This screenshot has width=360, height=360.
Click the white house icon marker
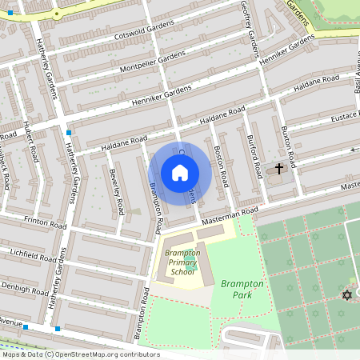pos(180,173)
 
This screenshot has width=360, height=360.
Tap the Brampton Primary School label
pos(181,262)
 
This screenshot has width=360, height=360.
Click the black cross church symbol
pos(279,169)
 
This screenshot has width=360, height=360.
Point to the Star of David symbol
pos(346,295)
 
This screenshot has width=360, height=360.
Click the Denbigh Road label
pos(27,285)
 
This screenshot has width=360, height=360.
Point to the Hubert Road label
pos(31,142)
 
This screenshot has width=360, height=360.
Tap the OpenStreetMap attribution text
pos(80,354)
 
